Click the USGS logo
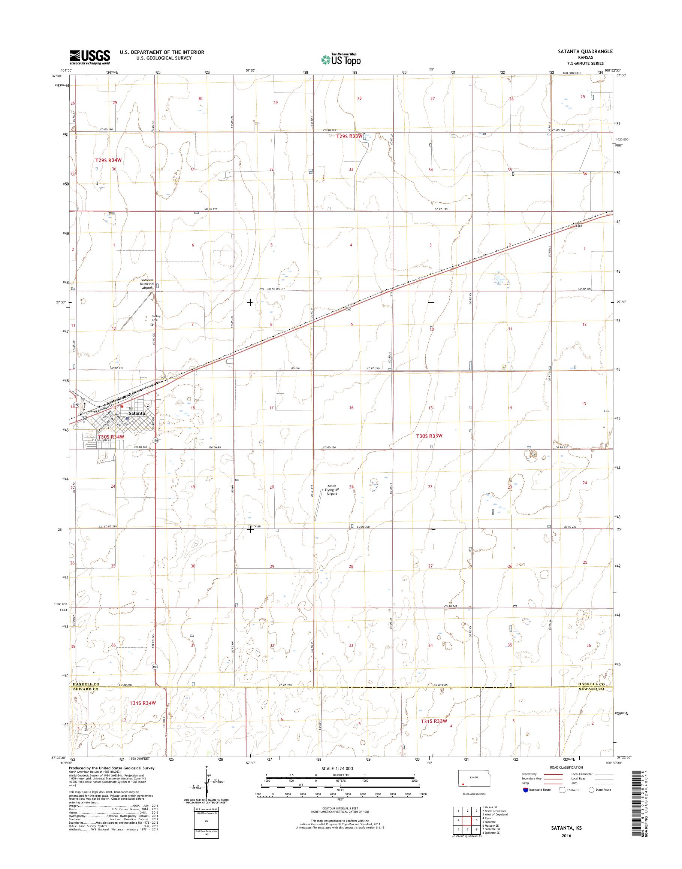click(x=90, y=57)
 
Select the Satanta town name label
click(x=134, y=413)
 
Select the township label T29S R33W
click(x=348, y=136)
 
